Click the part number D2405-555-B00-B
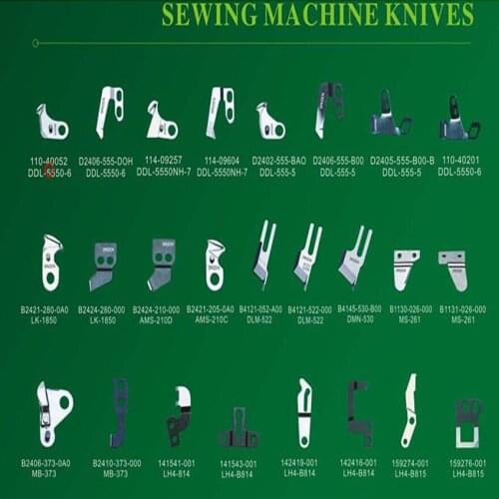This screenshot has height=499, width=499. pyautogui.click(x=401, y=161)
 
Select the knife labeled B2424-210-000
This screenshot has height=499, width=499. pyautogui.click(x=162, y=263)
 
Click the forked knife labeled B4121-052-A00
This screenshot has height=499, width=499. pyautogui.click(x=263, y=253)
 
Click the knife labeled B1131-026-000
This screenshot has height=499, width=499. pyautogui.click(x=453, y=267)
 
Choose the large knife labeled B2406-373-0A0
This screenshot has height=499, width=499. pyautogui.click(x=51, y=410)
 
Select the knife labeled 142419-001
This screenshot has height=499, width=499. pyautogui.click(x=304, y=412)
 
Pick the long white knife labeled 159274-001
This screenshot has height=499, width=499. pyautogui.click(x=409, y=409)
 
